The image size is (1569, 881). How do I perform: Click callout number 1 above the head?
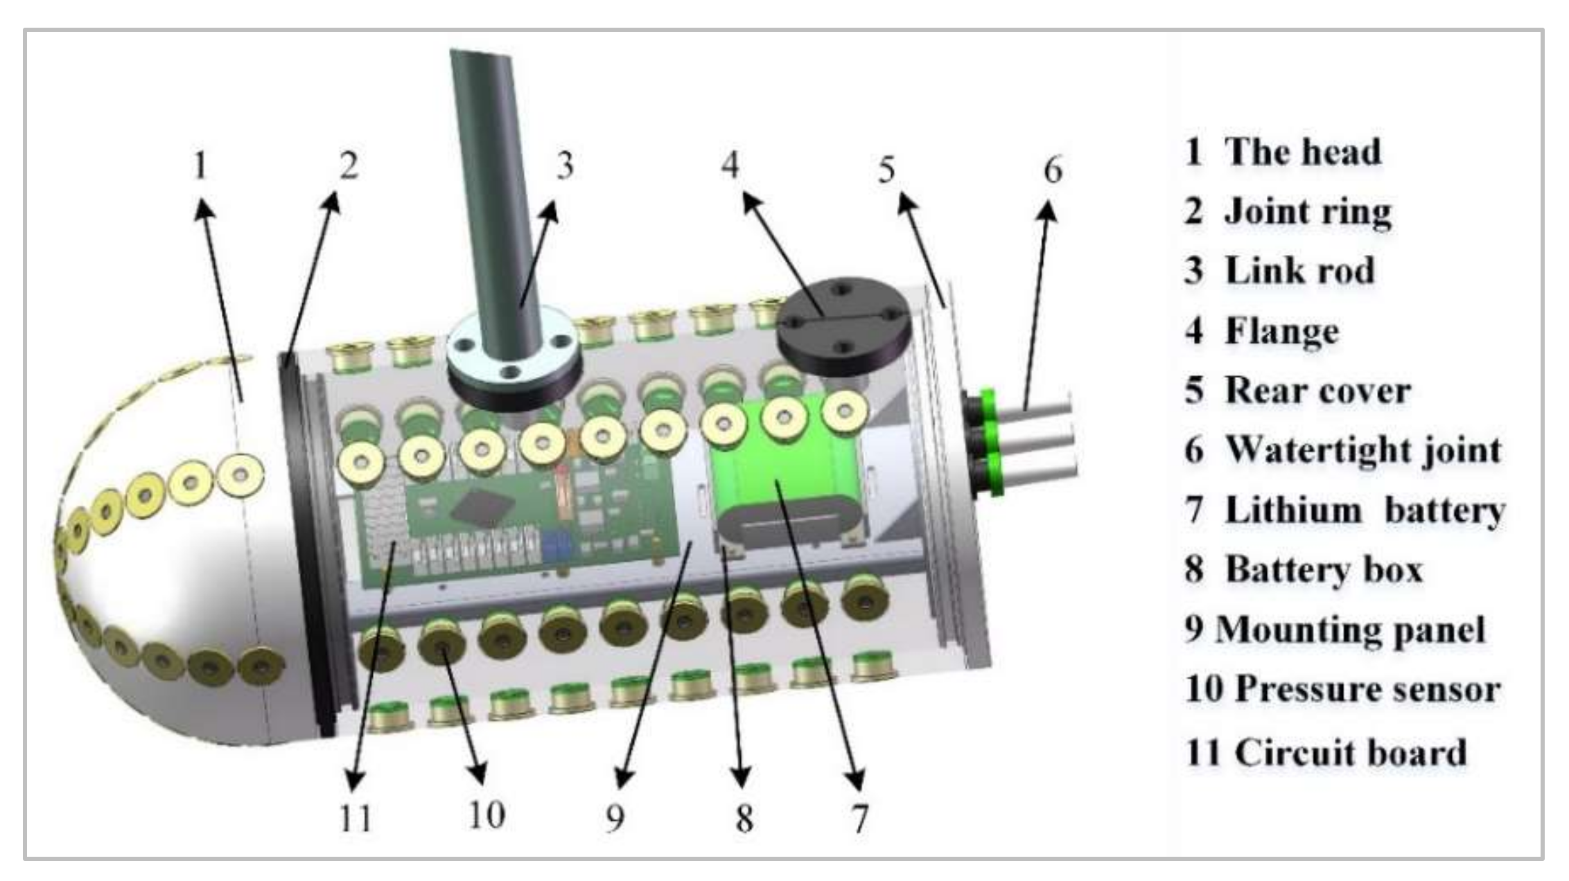coord(201,165)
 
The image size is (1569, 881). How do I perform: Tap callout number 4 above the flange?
coord(730,165)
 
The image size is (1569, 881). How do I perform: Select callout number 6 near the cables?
coord(1053,170)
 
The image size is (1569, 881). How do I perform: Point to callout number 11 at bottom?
coord(355,819)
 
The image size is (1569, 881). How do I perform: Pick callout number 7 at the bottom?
coord(859,819)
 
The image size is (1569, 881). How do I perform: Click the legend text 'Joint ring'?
coord(1308,211)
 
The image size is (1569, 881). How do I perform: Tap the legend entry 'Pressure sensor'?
coord(1368,690)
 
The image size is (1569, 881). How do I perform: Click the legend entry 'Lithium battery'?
coord(1365,510)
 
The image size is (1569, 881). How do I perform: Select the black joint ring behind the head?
coord(305,540)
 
